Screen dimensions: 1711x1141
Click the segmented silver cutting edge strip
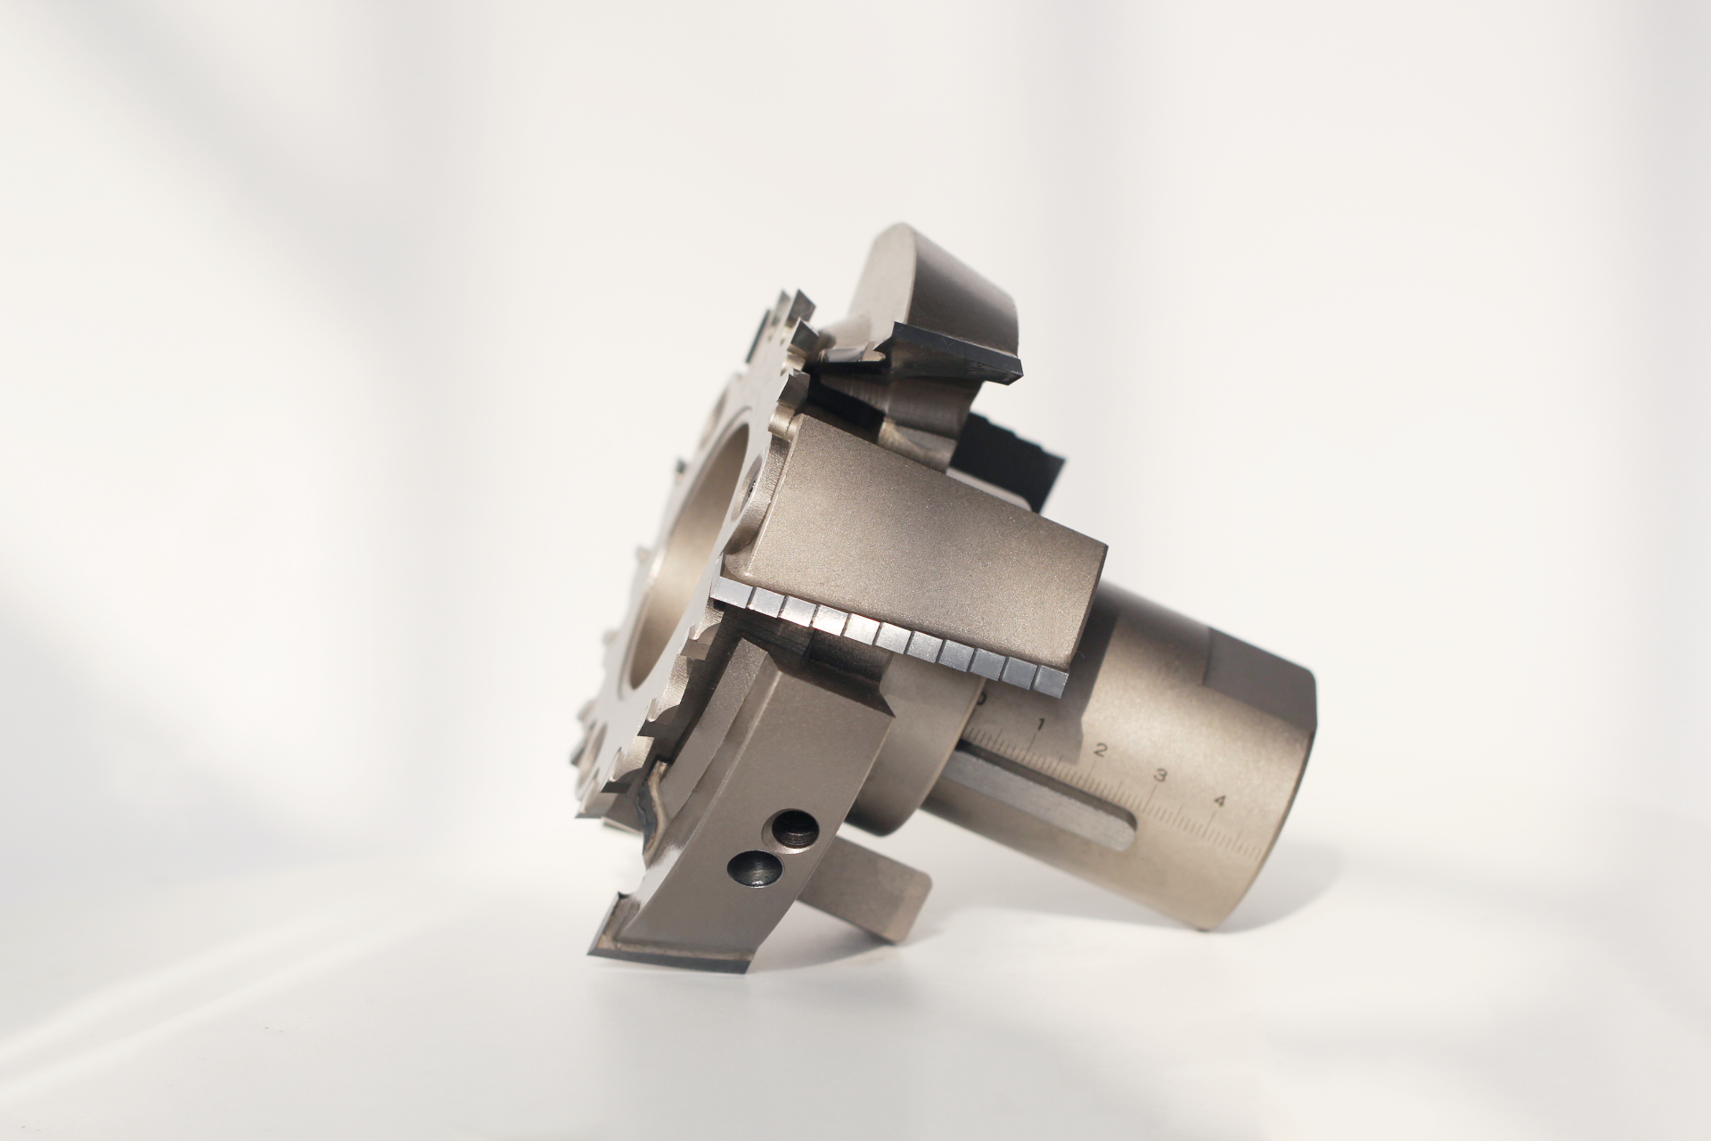(891, 637)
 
